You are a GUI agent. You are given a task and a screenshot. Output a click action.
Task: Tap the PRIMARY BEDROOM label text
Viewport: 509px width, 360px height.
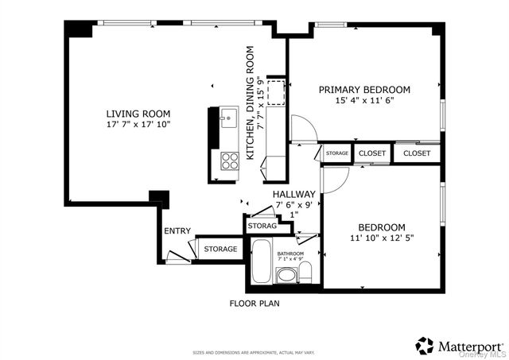[x=364, y=90]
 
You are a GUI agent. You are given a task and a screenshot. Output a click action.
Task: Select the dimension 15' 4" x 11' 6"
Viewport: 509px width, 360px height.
[x=364, y=101]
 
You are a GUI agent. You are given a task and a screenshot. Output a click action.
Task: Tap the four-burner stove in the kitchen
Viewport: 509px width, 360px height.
[x=229, y=161]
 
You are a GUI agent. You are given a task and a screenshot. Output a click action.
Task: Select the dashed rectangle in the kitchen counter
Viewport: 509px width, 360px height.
[x=275, y=92]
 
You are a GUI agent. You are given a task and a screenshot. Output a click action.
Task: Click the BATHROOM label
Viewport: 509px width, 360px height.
[x=289, y=254]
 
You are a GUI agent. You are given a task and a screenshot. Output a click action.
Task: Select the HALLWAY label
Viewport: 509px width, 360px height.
[x=293, y=194]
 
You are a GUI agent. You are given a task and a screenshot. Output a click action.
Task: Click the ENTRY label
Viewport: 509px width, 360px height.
[x=177, y=231]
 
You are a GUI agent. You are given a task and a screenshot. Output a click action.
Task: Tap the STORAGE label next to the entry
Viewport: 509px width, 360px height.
[x=220, y=250]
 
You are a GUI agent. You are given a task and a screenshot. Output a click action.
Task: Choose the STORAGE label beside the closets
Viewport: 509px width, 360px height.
[x=336, y=153]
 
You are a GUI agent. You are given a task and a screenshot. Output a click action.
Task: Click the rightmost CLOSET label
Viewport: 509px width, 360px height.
[x=417, y=153]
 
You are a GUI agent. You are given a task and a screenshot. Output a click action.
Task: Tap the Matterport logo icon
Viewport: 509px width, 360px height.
[x=425, y=346]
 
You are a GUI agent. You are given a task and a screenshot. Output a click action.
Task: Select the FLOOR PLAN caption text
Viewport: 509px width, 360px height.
[x=254, y=303]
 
